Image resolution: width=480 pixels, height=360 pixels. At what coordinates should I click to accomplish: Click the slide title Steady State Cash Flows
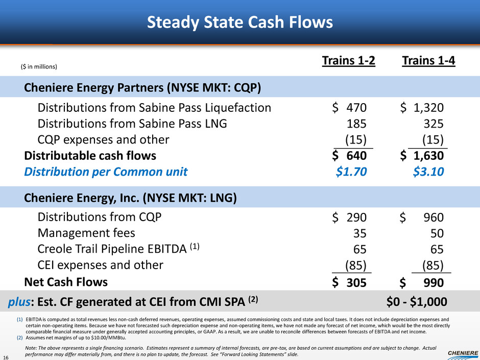pos(239,22)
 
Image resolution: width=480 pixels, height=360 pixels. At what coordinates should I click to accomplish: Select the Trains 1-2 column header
pos(348,61)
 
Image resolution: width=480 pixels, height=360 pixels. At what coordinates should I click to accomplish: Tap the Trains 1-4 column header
pos(428,61)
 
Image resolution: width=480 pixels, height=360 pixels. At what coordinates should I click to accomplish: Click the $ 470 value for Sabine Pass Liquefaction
pos(349,107)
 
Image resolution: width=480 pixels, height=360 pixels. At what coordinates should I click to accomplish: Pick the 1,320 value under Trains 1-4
pos(428,107)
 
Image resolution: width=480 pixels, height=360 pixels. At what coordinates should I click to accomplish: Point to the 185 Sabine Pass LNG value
pos(356,124)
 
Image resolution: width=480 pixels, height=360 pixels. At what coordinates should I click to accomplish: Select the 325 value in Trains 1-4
pos(434,124)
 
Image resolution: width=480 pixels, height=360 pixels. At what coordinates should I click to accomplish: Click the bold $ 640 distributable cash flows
pos(349,156)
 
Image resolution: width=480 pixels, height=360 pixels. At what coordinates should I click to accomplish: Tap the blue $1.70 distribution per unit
pos(351,172)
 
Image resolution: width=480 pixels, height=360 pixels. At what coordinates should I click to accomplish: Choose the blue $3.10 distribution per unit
pos(428,172)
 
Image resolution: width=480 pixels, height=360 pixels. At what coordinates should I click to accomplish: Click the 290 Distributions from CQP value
pos(356,218)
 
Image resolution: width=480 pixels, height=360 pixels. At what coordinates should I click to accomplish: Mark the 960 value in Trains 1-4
pos(434,218)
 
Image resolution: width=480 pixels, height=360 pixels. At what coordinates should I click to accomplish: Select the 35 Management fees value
pos(359,233)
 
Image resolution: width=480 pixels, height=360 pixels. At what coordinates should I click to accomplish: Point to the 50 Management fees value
pos(437,233)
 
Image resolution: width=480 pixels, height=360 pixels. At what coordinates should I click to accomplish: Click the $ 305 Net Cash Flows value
pos(349,282)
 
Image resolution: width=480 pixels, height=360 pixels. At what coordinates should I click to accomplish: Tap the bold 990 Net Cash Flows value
pos(434,282)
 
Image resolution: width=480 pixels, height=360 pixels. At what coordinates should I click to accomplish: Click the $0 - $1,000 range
pos(417,302)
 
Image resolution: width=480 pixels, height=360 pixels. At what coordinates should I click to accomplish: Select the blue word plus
pos(19,302)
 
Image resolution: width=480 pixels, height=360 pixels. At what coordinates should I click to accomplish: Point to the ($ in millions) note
pos(39,67)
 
